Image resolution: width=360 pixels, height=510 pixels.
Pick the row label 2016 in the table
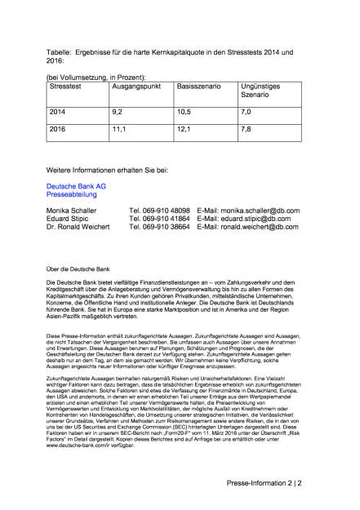tap(59, 128)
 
